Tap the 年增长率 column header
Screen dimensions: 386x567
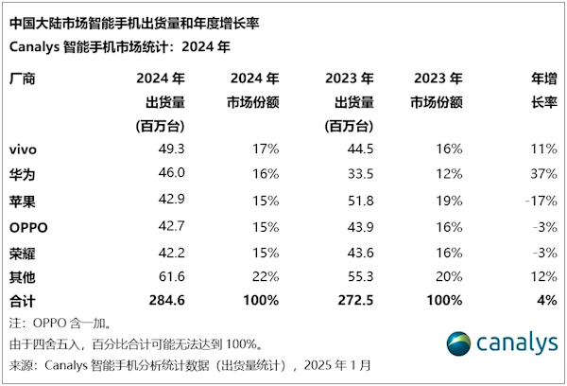pos(540,90)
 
